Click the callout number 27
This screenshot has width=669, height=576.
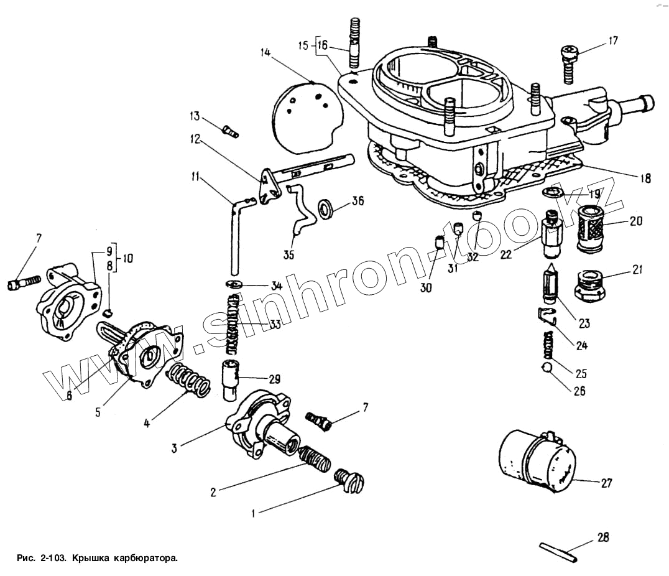point(606,482)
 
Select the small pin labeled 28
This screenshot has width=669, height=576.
point(557,552)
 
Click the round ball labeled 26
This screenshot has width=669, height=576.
point(546,369)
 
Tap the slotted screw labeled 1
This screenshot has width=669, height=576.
point(351,482)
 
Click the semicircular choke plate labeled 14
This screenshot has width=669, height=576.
point(309,116)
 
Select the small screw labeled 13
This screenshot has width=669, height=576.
point(230,131)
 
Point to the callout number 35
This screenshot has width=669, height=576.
point(288,255)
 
